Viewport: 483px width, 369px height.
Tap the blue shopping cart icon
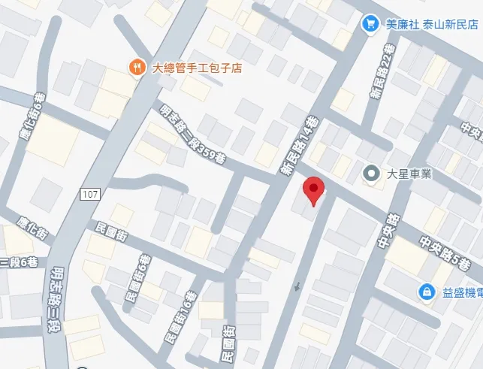click(x=370, y=24)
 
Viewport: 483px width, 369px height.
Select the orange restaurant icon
click(x=137, y=67)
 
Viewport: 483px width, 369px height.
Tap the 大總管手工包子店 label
click(x=197, y=68)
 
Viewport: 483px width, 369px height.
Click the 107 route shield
click(x=89, y=195)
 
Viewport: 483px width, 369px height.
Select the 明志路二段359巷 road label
click(x=192, y=135)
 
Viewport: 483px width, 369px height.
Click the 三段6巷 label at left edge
click(x=18, y=262)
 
